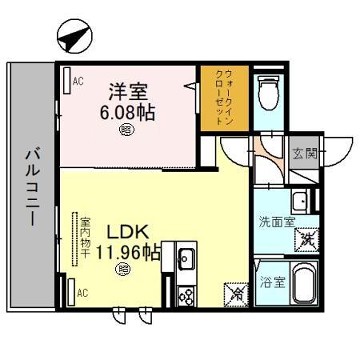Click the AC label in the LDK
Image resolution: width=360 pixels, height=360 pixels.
[83, 293]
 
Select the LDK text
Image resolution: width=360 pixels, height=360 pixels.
[129, 232]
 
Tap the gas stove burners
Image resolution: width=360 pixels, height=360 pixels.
[186, 295]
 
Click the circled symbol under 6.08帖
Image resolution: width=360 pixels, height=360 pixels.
[126, 128]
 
